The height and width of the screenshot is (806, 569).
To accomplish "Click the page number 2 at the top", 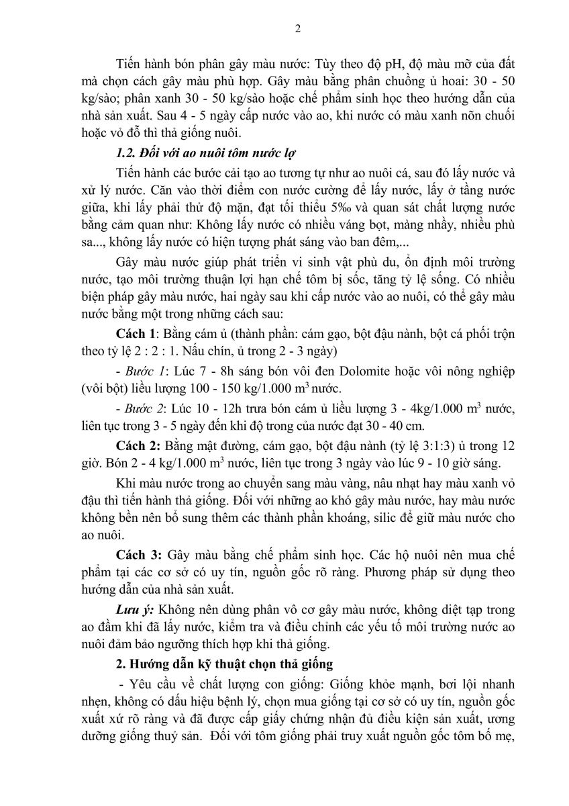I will click(x=297, y=28).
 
